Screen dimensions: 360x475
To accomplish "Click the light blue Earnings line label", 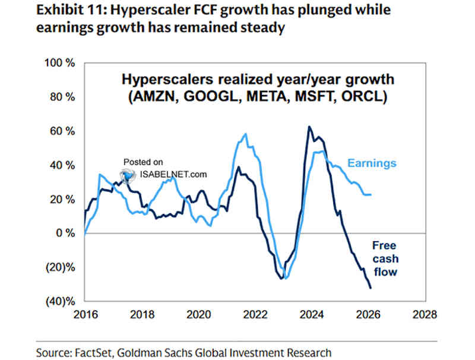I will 372,163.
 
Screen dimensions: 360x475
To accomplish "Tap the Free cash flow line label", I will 384,258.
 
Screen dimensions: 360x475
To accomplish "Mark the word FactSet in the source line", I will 96,352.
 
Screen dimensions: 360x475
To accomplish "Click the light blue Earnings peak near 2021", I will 246,135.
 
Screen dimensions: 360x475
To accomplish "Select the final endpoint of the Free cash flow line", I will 371,288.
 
